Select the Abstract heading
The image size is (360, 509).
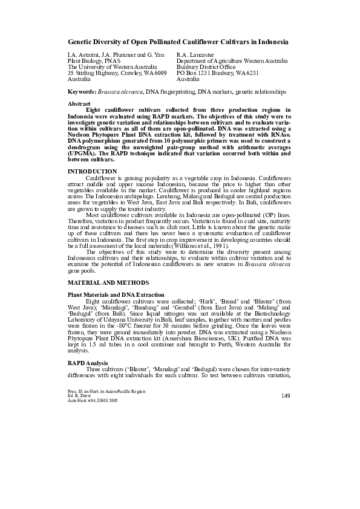click(79, 104)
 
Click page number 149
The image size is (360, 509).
click(287, 395)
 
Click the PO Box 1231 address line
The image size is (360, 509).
click(217, 73)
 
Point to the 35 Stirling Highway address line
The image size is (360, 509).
click(117, 73)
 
